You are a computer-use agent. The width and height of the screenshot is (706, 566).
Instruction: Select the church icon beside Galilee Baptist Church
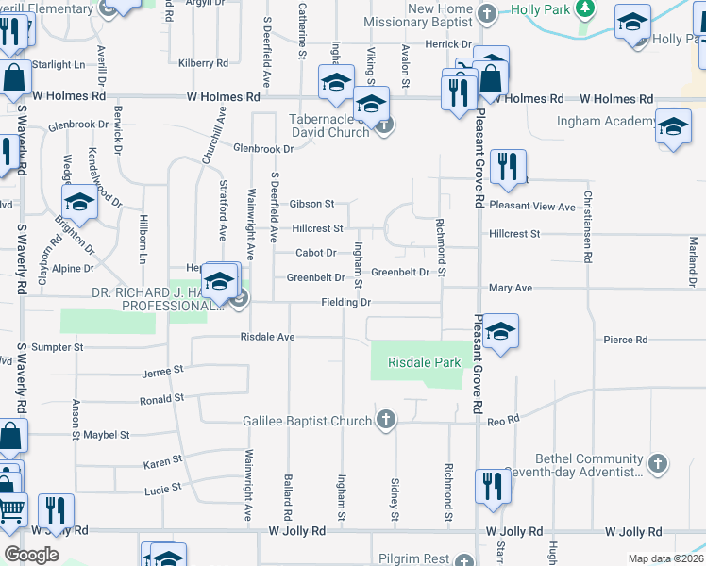[x=385, y=420]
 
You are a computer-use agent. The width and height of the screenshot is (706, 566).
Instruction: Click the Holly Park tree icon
[x=585, y=9]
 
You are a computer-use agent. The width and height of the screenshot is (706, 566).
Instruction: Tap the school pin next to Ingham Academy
[x=673, y=128]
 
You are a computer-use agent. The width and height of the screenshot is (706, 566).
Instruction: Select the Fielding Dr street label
[x=345, y=302]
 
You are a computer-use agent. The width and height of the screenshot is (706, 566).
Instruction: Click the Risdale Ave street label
[x=268, y=337]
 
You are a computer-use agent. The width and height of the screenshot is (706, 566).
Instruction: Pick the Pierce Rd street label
[x=627, y=339]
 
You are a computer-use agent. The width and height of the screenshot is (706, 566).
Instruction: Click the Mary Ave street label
[x=511, y=288]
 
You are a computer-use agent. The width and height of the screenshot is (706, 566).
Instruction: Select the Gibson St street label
[x=312, y=203]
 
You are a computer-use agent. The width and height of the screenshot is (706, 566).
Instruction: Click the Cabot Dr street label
[x=316, y=253]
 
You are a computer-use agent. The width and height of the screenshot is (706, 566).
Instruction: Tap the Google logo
[x=31, y=555]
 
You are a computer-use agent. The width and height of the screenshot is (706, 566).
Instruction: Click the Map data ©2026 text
[x=665, y=558]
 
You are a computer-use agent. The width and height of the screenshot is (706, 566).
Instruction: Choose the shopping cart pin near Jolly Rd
[x=11, y=510]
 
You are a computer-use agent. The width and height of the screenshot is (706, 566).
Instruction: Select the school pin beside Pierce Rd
[x=502, y=330]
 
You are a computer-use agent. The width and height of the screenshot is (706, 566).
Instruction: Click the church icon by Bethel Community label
[x=659, y=463]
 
